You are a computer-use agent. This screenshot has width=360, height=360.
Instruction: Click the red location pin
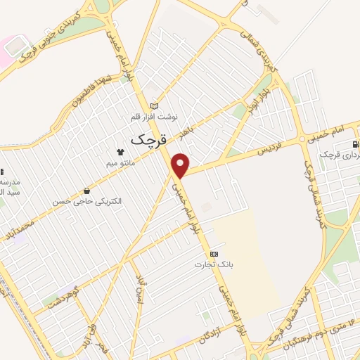click(181, 165)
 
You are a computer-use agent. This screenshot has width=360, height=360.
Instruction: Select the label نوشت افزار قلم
click(157, 115)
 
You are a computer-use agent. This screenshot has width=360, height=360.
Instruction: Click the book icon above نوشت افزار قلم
click(155, 105)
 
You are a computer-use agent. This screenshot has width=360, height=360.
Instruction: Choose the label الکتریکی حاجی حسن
click(86, 201)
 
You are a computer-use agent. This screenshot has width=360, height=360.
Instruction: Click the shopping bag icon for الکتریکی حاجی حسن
click(86, 191)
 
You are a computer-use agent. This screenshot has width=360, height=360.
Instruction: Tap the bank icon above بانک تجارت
click(214, 254)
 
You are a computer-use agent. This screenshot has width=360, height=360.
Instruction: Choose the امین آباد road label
click(139, 288)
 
